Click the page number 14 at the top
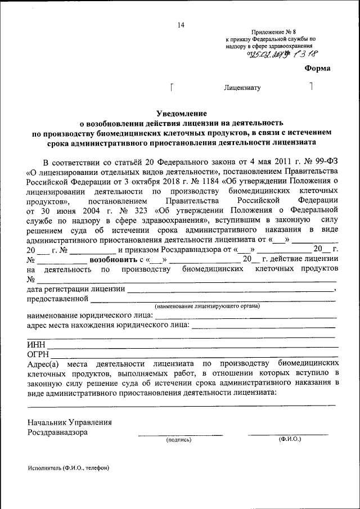(x=181, y=25)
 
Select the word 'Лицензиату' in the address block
(x=242, y=88)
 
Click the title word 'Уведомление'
(x=181, y=113)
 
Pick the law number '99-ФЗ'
(x=325, y=160)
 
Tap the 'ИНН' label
(x=35, y=344)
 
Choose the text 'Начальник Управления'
(x=70, y=422)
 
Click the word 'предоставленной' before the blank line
(x=58, y=299)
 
